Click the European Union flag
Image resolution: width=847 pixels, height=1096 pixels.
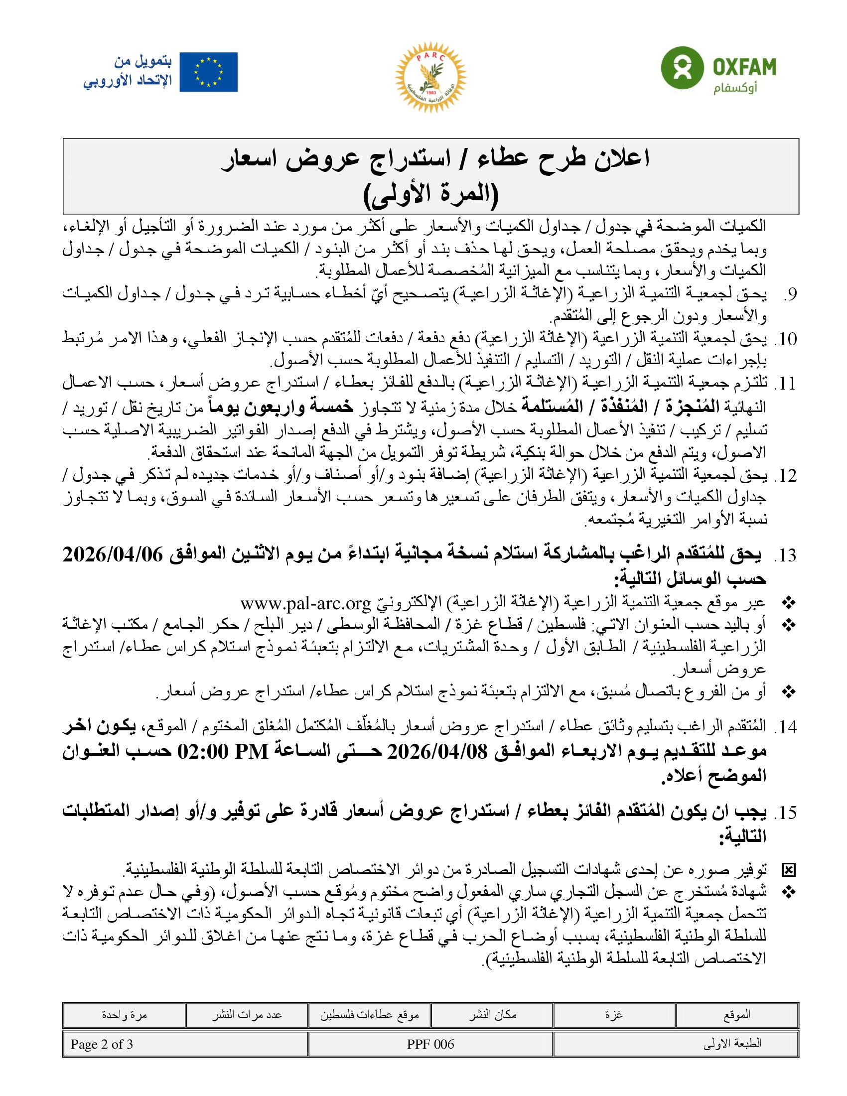208,72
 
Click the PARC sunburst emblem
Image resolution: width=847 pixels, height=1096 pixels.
431,77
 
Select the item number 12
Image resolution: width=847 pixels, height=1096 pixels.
785,475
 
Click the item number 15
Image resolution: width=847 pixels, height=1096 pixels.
785,813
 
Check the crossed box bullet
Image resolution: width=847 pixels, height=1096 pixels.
788,870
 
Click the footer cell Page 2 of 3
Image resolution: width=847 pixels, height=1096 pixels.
102,1044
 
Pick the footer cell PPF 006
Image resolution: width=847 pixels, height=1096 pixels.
430,1044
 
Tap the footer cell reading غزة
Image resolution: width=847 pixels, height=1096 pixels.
614,1015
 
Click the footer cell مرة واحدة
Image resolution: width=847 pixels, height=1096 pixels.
124,1015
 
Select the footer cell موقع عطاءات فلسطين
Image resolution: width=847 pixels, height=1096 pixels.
369,1015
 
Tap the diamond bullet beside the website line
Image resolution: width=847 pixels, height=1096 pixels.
789,602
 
